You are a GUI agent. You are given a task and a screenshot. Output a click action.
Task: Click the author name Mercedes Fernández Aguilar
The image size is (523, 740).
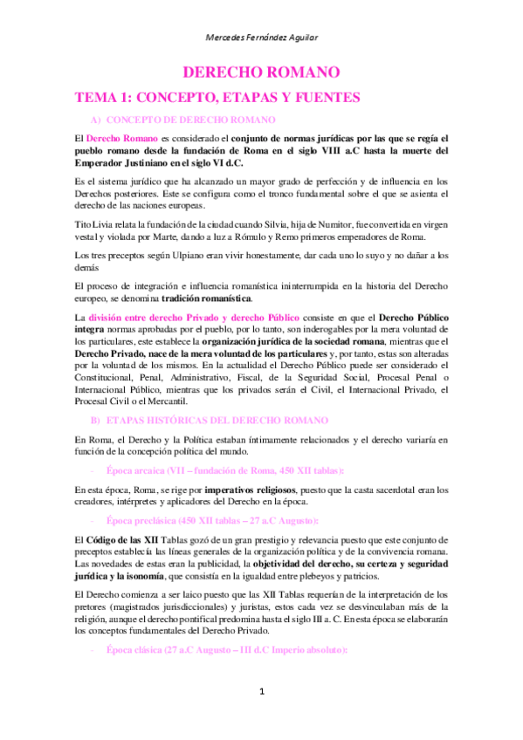point(261,37)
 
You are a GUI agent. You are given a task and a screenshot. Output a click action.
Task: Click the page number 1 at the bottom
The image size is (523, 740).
point(261,692)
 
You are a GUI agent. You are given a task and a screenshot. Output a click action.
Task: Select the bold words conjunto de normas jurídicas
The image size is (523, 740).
point(299,139)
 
